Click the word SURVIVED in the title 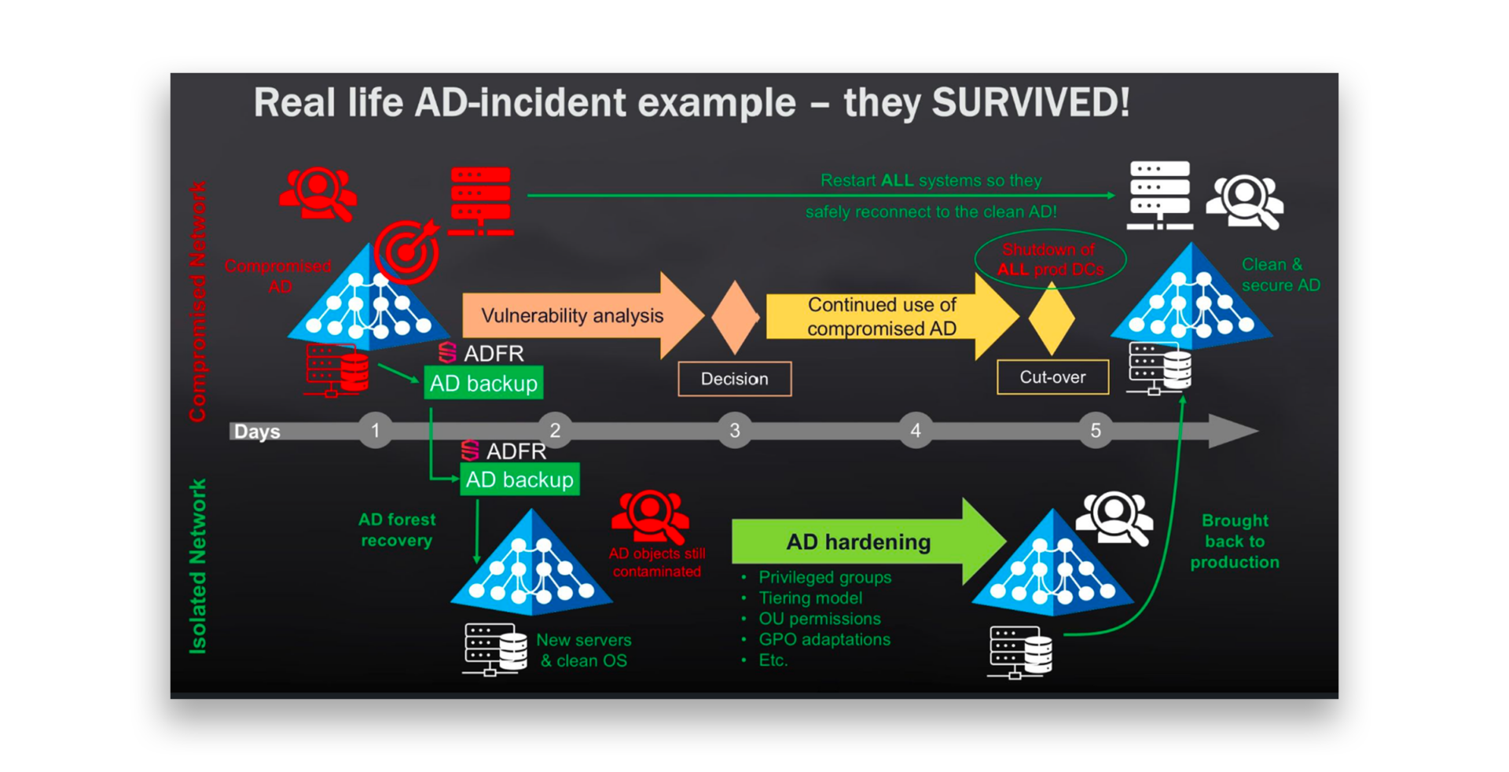tap(1030, 103)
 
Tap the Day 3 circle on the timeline tap(735, 430)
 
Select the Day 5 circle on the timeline tap(1096, 430)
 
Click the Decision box tap(734, 379)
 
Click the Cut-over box tap(1052, 377)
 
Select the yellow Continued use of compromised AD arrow tap(882, 316)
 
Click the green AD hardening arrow tap(858, 542)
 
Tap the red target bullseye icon tap(406, 252)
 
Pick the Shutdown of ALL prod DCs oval tap(1050, 259)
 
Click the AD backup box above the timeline tap(483, 383)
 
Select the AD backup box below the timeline tap(520, 480)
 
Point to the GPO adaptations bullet tap(824, 639)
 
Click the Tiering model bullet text tap(810, 597)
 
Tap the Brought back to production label tap(1234, 541)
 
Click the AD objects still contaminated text tap(657, 562)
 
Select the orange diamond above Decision tap(735, 317)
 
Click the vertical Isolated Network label tap(198, 566)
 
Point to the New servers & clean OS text tap(583, 650)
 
